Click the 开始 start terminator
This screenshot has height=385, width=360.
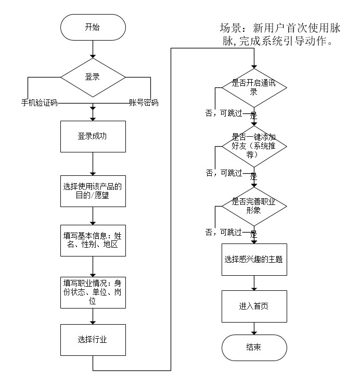click(x=93, y=28)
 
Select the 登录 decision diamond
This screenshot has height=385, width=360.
click(x=93, y=76)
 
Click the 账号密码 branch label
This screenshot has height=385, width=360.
click(x=144, y=102)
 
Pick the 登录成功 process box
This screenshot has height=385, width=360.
click(x=93, y=136)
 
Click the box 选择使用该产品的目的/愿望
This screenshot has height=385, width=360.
click(x=93, y=191)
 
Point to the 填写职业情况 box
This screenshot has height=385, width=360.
click(x=93, y=292)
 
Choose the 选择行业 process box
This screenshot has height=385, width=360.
click(x=93, y=340)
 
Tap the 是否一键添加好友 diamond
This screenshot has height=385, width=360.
click(x=253, y=147)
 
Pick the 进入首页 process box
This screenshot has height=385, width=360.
click(x=253, y=306)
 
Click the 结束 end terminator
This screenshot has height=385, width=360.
click(x=253, y=348)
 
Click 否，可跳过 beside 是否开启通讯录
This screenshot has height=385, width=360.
click(x=223, y=113)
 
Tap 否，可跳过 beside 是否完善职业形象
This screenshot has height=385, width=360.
click(x=223, y=233)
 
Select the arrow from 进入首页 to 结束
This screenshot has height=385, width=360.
click(x=253, y=328)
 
